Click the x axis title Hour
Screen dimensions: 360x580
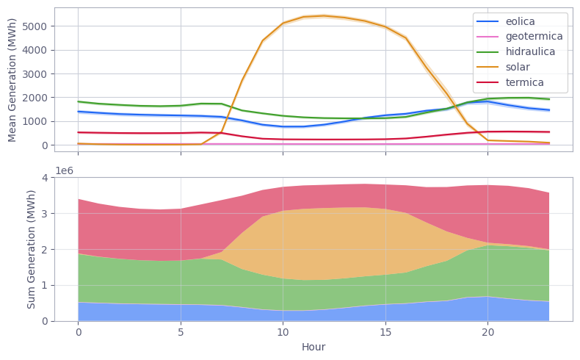313,346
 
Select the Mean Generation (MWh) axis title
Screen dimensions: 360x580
12,79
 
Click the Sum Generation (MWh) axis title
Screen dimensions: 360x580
32,248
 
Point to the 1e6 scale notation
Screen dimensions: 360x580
66,170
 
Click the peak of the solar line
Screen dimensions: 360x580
324,15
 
